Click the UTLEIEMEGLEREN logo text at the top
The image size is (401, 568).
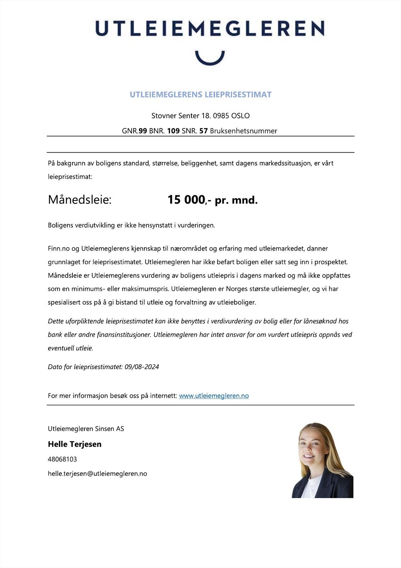click(210, 28)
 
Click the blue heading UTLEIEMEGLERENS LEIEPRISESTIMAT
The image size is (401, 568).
click(201, 94)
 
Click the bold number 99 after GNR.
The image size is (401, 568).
click(143, 131)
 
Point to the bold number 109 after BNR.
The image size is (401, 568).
click(173, 131)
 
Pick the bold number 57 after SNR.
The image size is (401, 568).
click(204, 131)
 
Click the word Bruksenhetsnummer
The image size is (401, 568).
click(244, 131)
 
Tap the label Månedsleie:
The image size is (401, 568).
click(80, 200)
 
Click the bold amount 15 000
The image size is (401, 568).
click(186, 200)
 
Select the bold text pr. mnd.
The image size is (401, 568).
click(236, 200)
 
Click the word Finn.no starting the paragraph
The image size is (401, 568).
click(59, 248)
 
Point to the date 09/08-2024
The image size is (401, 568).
click(142, 367)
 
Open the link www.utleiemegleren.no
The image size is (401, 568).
click(214, 395)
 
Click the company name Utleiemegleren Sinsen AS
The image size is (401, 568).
click(86, 428)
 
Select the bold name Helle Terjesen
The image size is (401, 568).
click(74, 444)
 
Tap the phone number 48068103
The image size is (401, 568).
click(62, 459)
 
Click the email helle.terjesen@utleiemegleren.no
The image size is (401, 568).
click(97, 474)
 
